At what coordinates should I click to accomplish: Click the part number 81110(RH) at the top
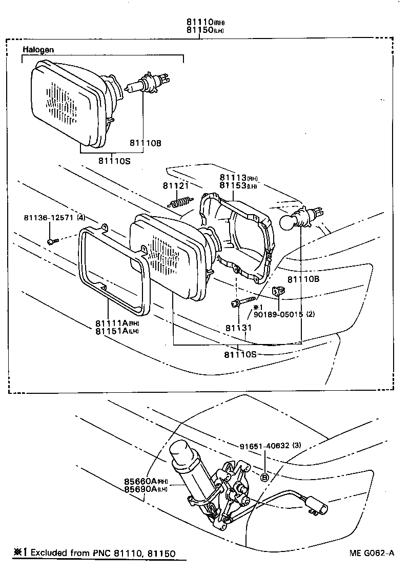point(205,23)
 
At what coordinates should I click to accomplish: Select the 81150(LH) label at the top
point(205,30)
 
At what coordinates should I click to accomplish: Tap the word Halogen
point(38,50)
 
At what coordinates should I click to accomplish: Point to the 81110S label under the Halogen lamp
point(115,160)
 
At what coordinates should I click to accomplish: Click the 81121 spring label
point(176,185)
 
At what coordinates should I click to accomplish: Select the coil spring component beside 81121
point(181,202)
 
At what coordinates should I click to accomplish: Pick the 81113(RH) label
point(238,178)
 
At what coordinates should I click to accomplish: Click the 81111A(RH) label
point(117,323)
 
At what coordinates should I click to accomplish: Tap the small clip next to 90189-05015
point(278,291)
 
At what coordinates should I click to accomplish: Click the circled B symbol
point(265,477)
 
